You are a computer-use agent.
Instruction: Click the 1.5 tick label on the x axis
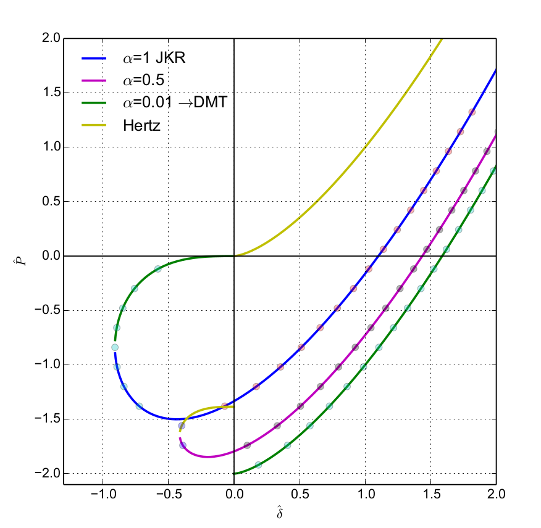430,495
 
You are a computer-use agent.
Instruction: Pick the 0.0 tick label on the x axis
234,495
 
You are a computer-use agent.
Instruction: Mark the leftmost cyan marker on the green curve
115,347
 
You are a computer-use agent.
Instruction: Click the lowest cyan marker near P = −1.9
258,464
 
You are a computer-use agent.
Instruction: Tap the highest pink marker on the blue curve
472,112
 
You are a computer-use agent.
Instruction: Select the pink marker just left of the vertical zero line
224,406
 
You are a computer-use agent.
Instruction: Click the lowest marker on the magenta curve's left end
183,445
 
